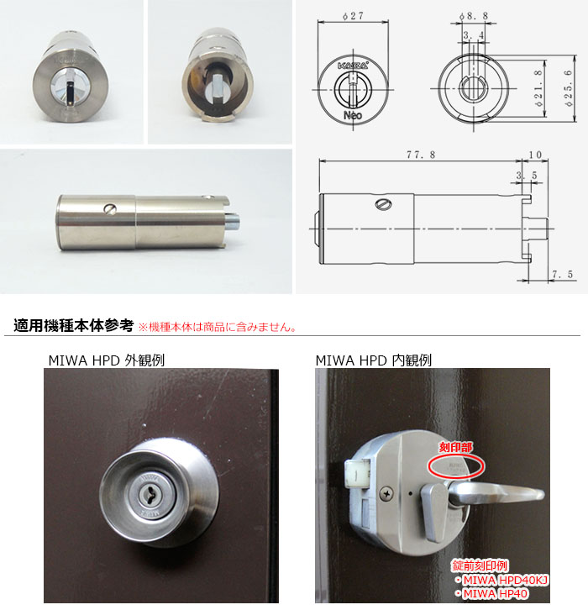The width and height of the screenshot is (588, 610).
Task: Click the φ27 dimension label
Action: click(354, 15)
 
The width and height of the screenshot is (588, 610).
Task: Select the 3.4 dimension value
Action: click(472, 35)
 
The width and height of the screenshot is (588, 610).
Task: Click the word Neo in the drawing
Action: click(353, 116)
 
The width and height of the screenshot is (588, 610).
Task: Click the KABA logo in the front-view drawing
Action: click(353, 64)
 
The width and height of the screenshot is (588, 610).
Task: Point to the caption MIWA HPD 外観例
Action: click(106, 360)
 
